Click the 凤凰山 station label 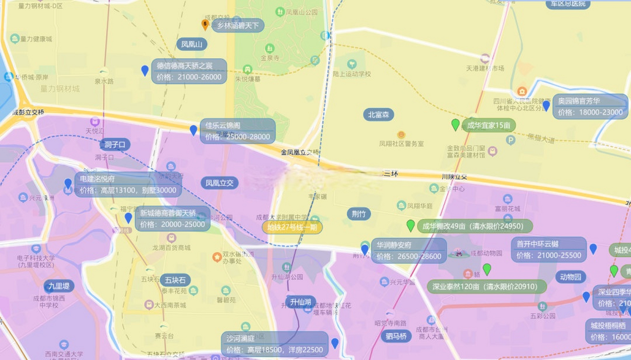point(191,44)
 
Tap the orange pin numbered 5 point(205,24)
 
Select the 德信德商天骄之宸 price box point(189,71)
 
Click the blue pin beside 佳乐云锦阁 point(193,130)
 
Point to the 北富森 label point(378,115)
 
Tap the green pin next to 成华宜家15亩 point(455,124)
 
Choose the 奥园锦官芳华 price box point(590,107)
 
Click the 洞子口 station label point(115,145)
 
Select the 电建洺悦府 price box point(128,184)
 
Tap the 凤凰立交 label point(219,183)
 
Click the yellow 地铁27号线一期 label point(292,227)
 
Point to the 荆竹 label point(359,214)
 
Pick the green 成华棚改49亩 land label point(475,226)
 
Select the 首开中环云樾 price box point(549,250)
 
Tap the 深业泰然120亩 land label point(487,287)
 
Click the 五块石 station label point(175,280)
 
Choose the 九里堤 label point(59,286)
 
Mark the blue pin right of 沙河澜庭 point(335,343)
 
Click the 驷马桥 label point(396,336)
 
